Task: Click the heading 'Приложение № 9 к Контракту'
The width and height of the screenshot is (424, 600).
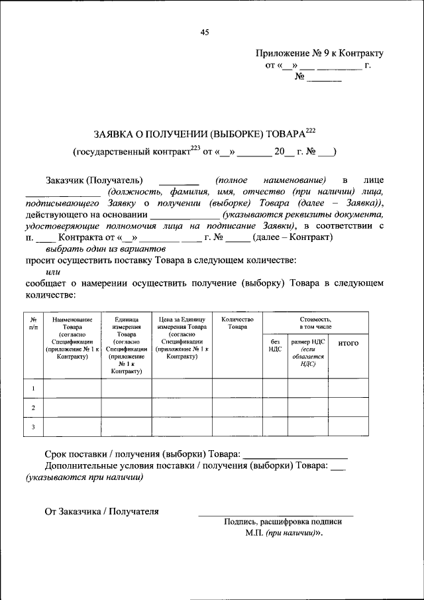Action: [319, 54]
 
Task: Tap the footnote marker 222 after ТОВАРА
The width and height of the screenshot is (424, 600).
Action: [311, 129]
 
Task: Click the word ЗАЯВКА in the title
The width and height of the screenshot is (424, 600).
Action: [113, 132]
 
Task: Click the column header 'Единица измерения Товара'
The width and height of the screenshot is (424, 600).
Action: [127, 323]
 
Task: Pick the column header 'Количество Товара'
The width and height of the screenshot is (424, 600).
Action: [237, 323]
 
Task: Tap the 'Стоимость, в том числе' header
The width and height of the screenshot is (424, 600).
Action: [315, 323]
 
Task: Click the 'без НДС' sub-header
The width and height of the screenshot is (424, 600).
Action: [275, 346]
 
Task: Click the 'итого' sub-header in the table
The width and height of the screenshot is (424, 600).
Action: [348, 343]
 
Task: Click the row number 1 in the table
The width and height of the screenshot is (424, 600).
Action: [33, 388]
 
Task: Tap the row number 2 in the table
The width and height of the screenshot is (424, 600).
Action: [33, 407]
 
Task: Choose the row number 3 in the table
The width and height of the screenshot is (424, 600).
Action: [33, 426]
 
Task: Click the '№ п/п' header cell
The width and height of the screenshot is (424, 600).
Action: [33, 323]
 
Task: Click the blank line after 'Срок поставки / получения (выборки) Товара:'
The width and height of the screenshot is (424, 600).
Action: [295, 455]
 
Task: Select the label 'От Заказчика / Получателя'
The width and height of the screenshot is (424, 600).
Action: [101, 511]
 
